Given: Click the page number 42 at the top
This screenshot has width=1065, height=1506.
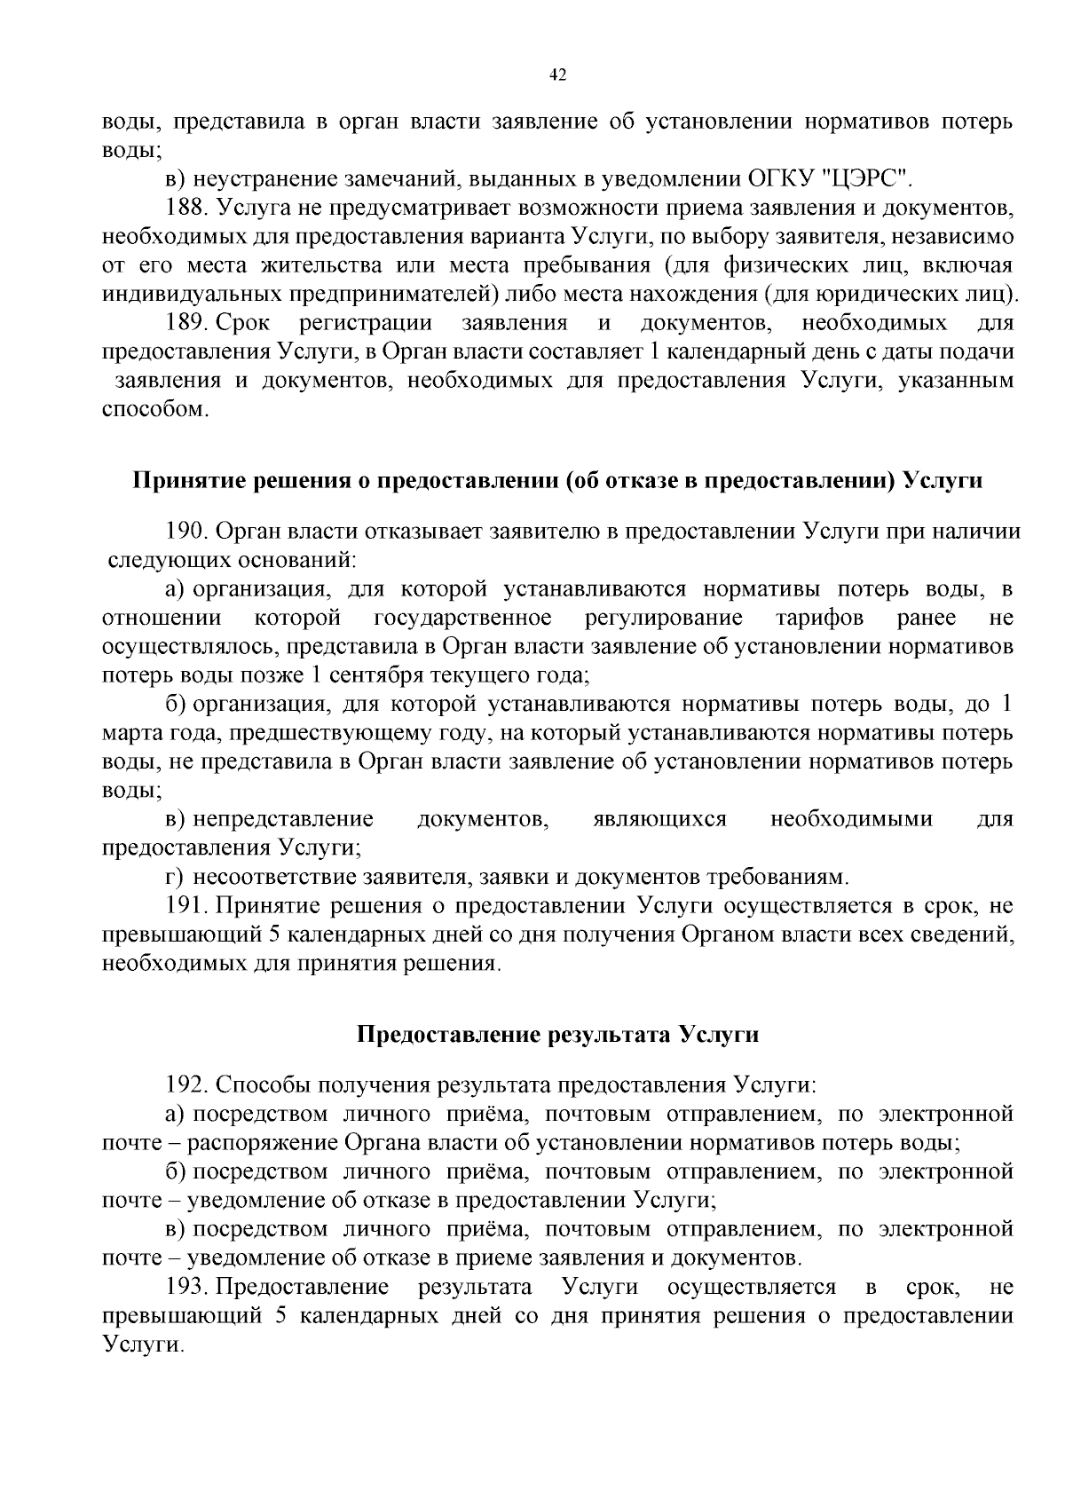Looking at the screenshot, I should pyautogui.click(x=558, y=75).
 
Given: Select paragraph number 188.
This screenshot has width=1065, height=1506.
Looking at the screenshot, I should pyautogui.click(x=186, y=209).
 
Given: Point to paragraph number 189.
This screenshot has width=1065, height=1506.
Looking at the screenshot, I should pyautogui.click(x=186, y=323).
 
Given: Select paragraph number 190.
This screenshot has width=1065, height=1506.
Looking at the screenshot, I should pyautogui.click(x=186, y=532).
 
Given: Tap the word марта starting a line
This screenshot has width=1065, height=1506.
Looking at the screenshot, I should pyautogui.click(x=130, y=733).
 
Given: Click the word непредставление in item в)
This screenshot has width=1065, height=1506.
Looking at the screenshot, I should pyautogui.click(x=283, y=818).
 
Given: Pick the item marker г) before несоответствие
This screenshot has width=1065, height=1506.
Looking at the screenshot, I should pyautogui.click(x=174, y=878).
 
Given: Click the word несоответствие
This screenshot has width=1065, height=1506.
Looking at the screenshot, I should pyautogui.click(x=274, y=878).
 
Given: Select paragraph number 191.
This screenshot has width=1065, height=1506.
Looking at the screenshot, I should pyautogui.click(x=186, y=906).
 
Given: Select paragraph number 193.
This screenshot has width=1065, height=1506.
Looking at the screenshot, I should pyautogui.click(x=186, y=1287).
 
